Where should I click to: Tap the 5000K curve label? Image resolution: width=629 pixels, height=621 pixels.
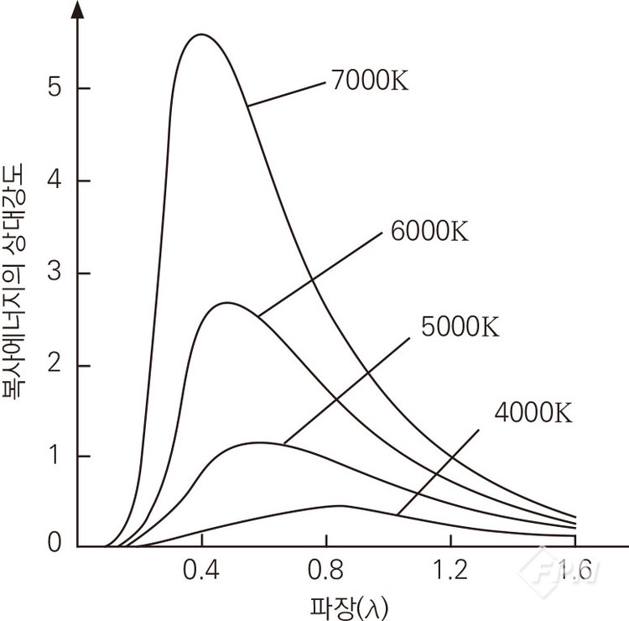point(459,327)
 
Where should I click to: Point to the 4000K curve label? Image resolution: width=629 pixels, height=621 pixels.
point(533,414)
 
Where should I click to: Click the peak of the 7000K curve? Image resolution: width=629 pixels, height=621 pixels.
point(201,35)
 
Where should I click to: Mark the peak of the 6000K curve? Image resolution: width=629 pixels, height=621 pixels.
point(227,303)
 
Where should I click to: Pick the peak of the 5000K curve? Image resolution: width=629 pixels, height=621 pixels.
point(262,442)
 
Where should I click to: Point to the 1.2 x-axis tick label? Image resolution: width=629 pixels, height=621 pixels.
point(450,573)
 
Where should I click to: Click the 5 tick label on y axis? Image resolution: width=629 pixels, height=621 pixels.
point(55,89)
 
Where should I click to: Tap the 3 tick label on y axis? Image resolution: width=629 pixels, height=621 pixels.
point(55,274)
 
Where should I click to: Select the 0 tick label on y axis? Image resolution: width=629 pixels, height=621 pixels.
point(55,545)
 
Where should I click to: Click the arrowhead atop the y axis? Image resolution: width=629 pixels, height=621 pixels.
point(78,8)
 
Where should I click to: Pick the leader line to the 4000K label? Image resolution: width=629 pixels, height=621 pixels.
point(438,470)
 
